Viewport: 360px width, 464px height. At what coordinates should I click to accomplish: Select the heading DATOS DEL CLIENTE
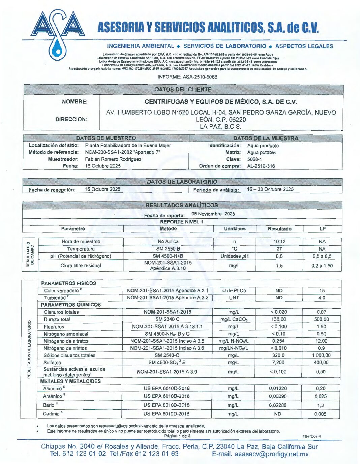[x=183, y=90]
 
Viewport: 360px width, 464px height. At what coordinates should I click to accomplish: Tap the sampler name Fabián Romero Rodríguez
[x=113, y=159]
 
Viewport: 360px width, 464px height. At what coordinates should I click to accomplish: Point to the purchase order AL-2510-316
[x=261, y=166]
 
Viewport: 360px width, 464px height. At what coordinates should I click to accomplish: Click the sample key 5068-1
[x=254, y=159]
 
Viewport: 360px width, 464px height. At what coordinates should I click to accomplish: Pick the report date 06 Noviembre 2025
[x=213, y=214]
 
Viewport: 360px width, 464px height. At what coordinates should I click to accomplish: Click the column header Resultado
[x=279, y=229]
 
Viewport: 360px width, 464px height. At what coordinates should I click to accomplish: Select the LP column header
[x=322, y=229]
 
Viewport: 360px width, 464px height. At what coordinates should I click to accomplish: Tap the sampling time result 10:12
[x=279, y=242]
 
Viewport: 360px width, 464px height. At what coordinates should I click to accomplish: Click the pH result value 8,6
[x=279, y=256]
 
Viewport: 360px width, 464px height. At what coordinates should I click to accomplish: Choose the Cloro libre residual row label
[x=81, y=266]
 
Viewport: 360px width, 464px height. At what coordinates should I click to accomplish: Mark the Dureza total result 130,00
[x=278, y=319]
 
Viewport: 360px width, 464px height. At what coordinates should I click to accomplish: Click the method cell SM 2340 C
[x=167, y=319]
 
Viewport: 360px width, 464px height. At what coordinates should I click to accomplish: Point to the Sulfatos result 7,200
[x=278, y=363]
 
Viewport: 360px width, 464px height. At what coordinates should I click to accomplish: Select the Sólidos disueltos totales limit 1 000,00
[x=321, y=355]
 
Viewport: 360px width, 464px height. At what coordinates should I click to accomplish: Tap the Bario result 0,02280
[x=278, y=405]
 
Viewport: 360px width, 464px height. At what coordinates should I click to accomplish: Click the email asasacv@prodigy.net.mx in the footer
[x=260, y=454]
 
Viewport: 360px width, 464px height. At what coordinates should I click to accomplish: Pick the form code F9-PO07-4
[x=311, y=436]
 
